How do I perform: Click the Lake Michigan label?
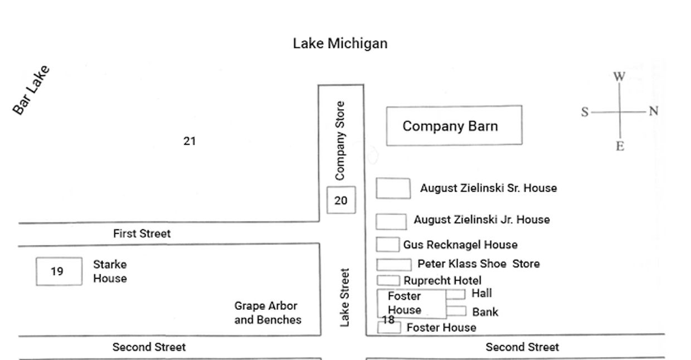coord(340,43)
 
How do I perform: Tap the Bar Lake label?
coord(32,90)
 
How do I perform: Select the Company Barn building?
coord(454,126)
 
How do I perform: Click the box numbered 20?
coord(341,201)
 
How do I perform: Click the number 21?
coord(189,142)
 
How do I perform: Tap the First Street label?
coord(142,233)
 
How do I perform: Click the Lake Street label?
coord(345,298)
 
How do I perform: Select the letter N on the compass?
coord(654,111)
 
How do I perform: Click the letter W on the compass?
coord(619,77)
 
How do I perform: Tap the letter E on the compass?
coord(620,147)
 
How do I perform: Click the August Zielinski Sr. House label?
coord(488,188)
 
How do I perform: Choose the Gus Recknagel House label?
coord(460,245)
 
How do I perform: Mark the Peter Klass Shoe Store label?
coord(478,264)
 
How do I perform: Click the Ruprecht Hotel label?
coord(442,280)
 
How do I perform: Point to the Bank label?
coord(485,312)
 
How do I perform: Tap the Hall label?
coord(481,293)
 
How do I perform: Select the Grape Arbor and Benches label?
coord(267,313)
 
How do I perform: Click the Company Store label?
coord(340,140)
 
